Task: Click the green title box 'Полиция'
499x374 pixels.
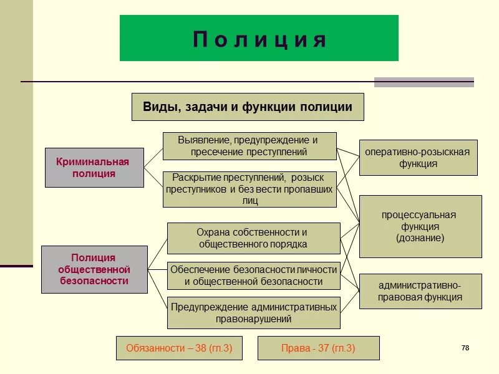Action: (259, 39)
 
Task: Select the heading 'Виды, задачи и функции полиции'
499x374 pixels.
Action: (248, 107)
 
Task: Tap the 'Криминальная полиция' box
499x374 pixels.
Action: (94, 168)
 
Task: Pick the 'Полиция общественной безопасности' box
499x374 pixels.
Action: (94, 269)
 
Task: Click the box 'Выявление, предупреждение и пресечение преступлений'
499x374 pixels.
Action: (249, 146)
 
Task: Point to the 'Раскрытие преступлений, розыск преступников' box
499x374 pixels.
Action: (249, 189)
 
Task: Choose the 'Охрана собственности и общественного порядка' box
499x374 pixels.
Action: (253, 238)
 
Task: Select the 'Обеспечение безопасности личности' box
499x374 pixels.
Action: (253, 276)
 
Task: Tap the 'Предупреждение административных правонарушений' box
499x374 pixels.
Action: (253, 313)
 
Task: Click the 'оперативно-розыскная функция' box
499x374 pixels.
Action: (418, 158)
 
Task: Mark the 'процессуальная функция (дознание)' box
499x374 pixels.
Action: (420, 226)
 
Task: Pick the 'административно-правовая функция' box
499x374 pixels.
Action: (420, 291)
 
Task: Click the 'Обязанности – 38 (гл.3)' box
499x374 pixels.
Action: (178, 348)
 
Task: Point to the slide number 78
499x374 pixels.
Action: (465, 348)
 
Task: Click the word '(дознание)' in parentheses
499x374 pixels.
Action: (420, 238)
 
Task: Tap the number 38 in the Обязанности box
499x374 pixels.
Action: (201, 348)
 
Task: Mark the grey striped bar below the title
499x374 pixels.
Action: (424, 82)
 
